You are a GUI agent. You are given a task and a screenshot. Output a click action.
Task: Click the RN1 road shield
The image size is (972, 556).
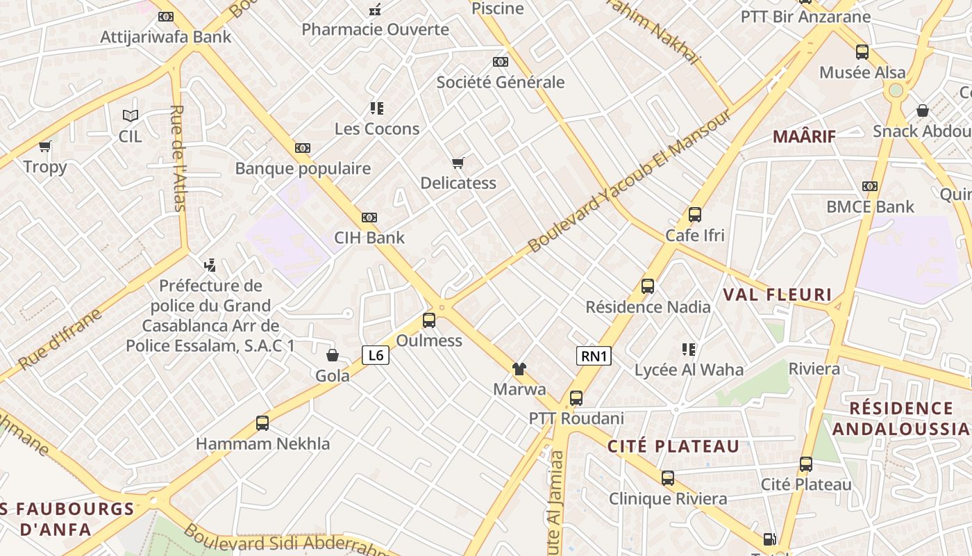594,357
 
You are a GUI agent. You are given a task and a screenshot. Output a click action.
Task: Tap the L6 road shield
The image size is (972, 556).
376,356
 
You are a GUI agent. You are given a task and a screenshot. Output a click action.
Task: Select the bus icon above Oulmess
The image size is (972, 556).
429,320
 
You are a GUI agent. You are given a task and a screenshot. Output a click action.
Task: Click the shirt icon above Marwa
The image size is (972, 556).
519,369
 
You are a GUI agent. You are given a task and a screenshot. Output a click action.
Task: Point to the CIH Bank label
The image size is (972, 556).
369,238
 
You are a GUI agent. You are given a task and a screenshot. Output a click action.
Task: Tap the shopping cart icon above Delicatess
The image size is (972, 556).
458,163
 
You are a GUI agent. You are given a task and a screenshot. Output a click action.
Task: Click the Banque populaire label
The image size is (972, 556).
303,168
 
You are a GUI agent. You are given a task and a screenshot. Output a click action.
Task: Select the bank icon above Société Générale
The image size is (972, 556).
500,62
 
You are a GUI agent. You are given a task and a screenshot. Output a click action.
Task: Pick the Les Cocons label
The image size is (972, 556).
377,129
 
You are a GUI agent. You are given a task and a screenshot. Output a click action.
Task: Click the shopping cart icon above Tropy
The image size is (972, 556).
45,147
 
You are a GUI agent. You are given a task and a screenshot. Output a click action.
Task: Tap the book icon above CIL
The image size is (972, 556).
130,115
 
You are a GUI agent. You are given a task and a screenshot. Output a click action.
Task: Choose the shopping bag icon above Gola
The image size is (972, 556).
333,355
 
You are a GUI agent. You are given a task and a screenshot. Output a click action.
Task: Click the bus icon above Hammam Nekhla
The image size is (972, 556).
262,423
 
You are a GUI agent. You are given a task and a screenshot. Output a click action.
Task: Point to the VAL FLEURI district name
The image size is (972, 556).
777,295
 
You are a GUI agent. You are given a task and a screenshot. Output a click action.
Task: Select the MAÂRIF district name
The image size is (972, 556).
804,136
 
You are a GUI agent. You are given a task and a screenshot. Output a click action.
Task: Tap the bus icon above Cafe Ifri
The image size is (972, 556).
695,215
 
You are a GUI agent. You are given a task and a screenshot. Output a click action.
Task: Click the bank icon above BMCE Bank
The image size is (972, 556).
870,186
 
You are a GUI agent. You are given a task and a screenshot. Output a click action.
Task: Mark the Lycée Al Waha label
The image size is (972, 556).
689,370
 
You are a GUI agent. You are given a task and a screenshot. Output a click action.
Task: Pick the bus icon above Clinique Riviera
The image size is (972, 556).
668,478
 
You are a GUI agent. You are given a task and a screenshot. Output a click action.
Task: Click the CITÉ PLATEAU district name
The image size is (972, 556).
673,446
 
